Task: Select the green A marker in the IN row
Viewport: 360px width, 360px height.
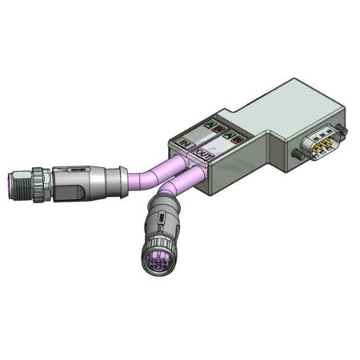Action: click(210, 125)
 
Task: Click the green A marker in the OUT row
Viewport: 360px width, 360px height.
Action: click(230, 137)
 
